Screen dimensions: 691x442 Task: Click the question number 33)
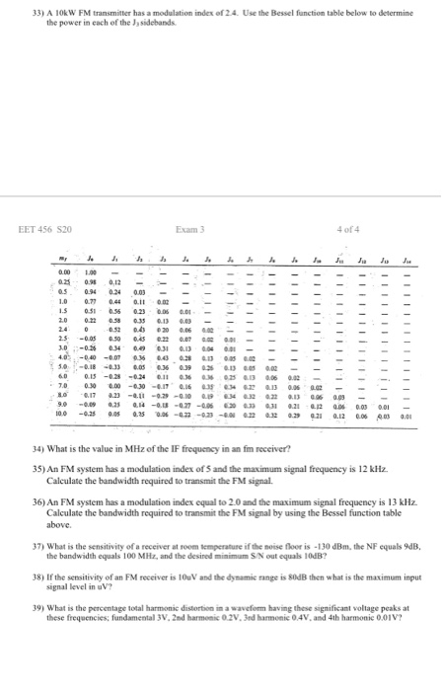click(13, 12)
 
